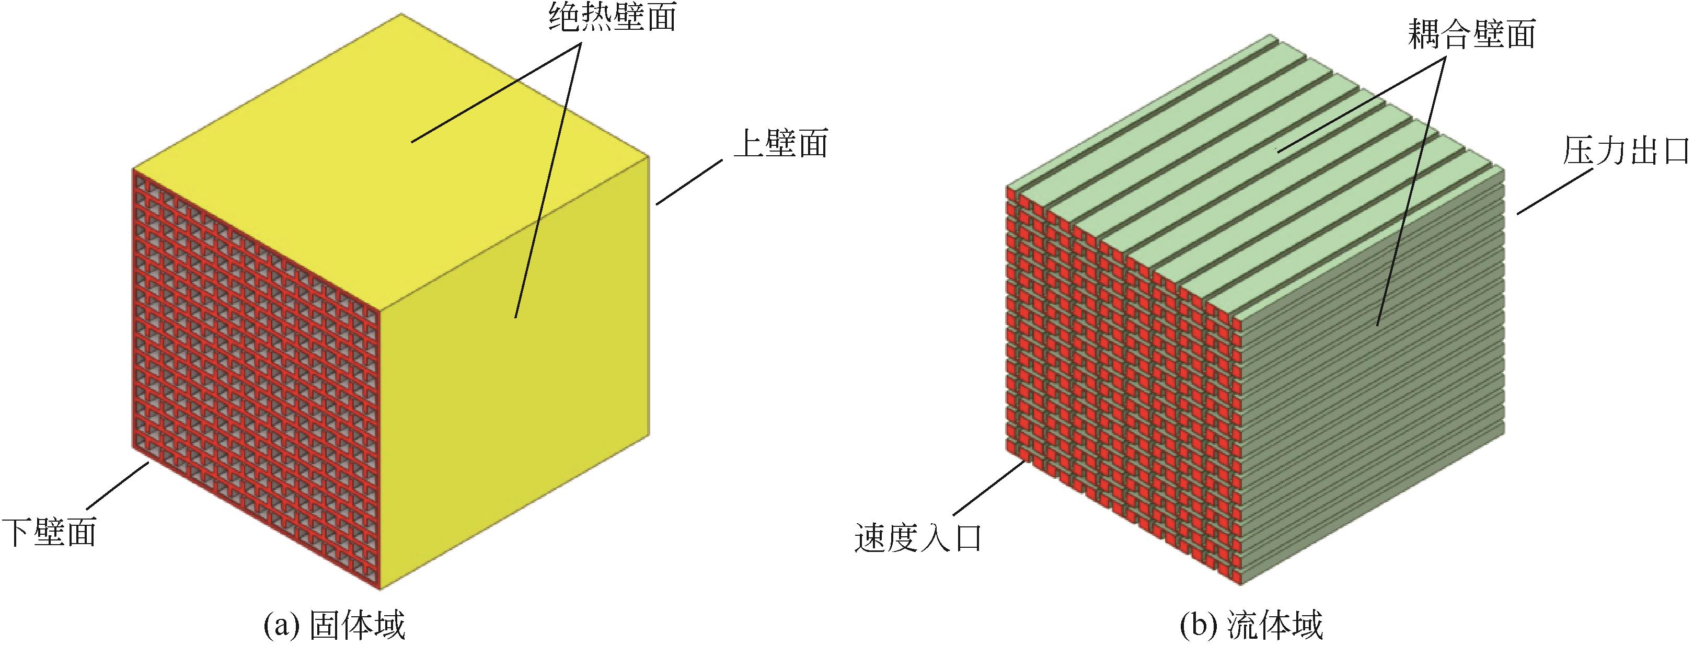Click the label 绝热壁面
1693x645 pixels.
coord(612,18)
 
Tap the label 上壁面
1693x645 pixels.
coord(780,144)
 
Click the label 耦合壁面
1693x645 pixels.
coord(1471,34)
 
